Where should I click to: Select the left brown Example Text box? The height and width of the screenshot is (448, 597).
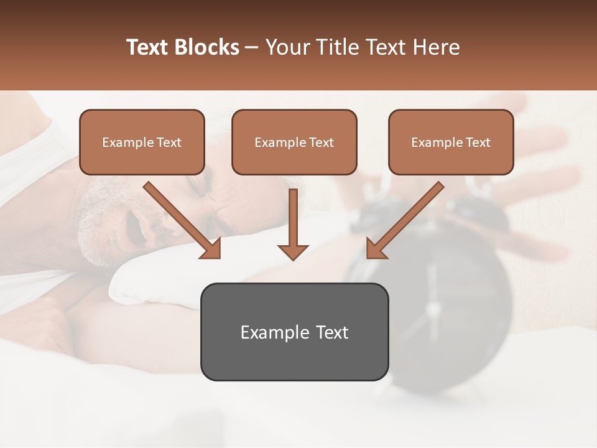pos(142,142)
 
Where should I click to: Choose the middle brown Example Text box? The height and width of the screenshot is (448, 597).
pos(294,142)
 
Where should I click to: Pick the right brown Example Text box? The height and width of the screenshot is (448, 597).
pos(451,142)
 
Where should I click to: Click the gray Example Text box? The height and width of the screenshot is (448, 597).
pos(294,332)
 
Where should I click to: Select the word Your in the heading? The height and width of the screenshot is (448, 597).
pos(287,47)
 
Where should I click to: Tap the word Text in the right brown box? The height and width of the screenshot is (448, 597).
pos(478,142)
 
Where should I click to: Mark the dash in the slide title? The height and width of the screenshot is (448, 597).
pos(252,47)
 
